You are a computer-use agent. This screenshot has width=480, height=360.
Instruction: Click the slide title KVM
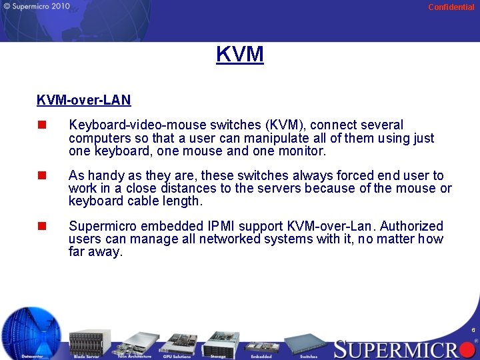[x=240, y=53]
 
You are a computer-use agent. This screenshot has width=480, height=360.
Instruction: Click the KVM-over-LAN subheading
[x=84, y=100]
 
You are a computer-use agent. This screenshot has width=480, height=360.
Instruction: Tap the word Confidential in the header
[x=451, y=7]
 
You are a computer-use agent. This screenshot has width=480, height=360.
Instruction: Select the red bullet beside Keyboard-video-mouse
[x=42, y=125]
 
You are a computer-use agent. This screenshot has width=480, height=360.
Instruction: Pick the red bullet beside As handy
[x=42, y=175]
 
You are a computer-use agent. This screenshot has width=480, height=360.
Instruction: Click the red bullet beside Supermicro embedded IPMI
[x=42, y=226]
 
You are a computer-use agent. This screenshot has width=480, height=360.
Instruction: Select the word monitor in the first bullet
[x=300, y=151]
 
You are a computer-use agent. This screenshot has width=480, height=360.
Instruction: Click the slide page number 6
[x=473, y=330]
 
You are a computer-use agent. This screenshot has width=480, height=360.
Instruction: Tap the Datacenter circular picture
[x=31, y=332]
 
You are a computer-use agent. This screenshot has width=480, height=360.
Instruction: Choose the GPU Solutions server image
[x=177, y=343]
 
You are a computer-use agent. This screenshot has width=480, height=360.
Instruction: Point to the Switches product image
[x=309, y=344]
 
